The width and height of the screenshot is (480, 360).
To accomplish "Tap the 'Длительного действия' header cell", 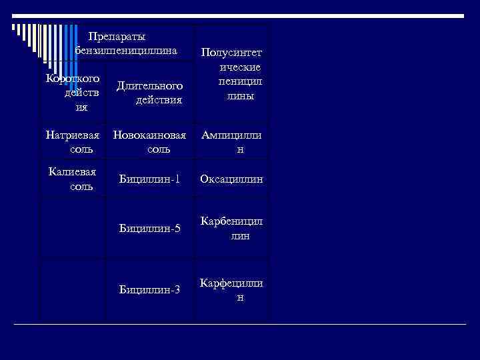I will point(149,93).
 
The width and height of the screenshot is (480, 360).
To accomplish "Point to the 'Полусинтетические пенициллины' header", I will point(231,74).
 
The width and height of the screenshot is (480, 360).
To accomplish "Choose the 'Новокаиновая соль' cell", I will point(149,142).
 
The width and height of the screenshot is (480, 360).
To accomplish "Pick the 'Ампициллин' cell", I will point(231,142).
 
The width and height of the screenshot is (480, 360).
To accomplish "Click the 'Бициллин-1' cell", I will point(149,179).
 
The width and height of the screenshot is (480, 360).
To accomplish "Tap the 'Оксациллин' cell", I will point(231,179).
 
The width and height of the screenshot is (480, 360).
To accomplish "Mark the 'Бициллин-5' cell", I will point(149,229).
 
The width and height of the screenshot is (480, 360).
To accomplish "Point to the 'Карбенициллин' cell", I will point(231,229).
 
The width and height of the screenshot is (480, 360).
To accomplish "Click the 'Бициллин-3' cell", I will point(149,289).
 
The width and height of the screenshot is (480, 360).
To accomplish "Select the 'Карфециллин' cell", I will point(231,290).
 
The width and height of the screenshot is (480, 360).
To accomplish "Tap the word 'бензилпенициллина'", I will point(127,50).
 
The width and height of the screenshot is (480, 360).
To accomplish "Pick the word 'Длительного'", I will point(149,86).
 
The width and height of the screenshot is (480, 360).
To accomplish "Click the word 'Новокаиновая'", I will point(149,135).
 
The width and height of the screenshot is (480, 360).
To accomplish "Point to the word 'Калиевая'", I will point(72,172).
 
